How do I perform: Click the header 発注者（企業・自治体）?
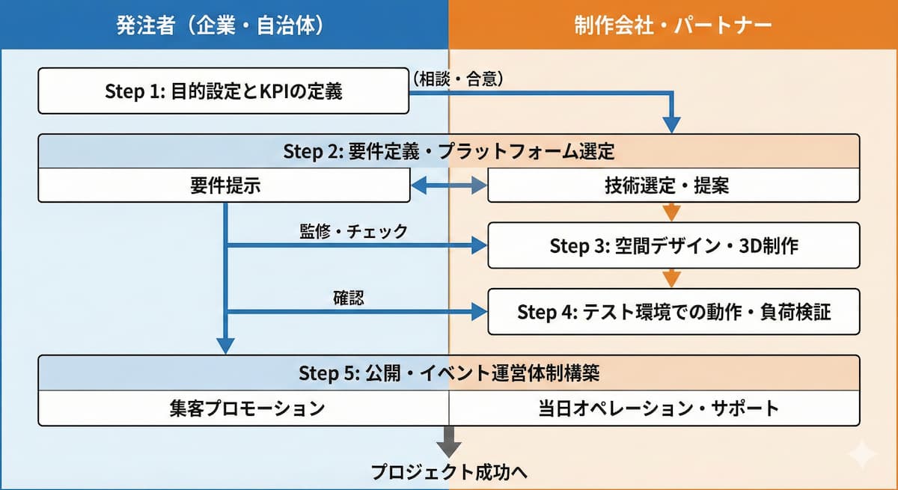coord(220,25)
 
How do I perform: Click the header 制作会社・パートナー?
coord(673,25)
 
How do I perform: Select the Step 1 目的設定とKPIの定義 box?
coord(223,91)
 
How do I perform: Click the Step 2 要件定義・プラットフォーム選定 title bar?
coord(449,152)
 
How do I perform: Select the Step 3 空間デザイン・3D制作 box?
coord(673,245)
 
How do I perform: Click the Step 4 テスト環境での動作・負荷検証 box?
coord(673,311)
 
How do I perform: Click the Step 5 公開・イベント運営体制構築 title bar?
coord(449,373)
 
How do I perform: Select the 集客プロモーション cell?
coord(244,408)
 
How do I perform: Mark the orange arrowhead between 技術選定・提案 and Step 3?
coord(672,212)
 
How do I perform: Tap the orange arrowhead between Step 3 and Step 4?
coord(672,278)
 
